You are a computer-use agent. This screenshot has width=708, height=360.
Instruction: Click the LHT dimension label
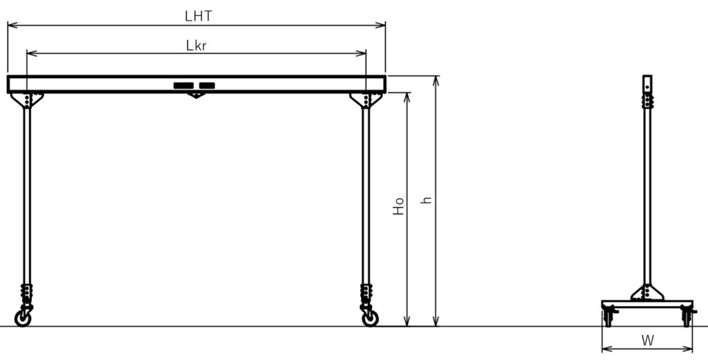point(198,16)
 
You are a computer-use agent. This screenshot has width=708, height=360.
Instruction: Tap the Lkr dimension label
point(196,45)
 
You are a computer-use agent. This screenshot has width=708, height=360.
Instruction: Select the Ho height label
point(398,206)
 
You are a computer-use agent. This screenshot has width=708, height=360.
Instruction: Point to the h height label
point(426,200)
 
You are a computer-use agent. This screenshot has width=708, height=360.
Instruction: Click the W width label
point(647,341)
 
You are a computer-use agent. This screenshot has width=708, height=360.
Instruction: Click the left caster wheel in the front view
point(23,318)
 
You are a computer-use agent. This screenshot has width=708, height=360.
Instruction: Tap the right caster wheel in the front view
point(371,318)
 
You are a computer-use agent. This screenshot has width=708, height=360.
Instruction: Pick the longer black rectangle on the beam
point(183,85)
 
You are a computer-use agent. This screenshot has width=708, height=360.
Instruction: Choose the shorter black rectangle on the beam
point(207,85)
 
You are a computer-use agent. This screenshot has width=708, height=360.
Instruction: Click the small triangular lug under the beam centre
point(196,95)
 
